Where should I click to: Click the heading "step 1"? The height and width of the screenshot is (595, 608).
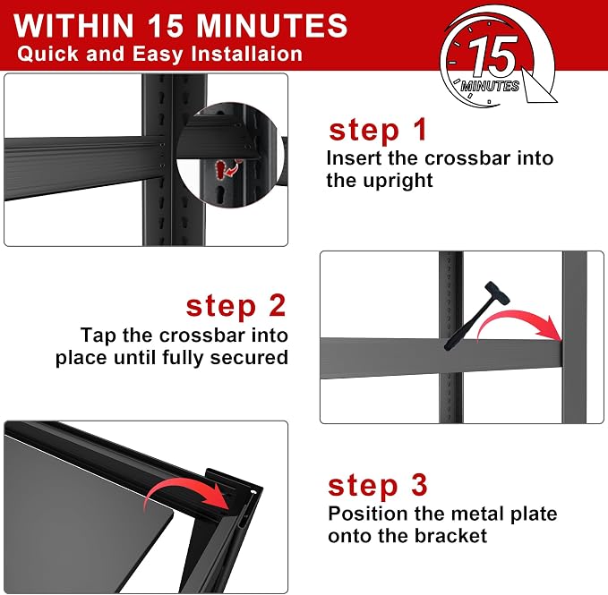[378, 131]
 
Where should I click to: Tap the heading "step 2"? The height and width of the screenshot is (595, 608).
[235, 307]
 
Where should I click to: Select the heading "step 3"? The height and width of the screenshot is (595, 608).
[378, 485]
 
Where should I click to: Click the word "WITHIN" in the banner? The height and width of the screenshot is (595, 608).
[74, 26]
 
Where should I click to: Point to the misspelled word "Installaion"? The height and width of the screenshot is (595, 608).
[246, 54]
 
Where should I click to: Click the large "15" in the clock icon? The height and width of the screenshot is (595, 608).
[492, 56]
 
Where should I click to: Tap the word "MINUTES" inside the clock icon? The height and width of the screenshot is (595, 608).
[490, 86]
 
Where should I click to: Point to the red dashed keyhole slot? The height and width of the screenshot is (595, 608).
[222, 169]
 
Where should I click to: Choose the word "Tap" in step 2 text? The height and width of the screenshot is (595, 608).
[98, 336]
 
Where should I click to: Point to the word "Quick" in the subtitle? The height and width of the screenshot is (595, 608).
[47, 54]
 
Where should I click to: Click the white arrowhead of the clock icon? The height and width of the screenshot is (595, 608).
[538, 87]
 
